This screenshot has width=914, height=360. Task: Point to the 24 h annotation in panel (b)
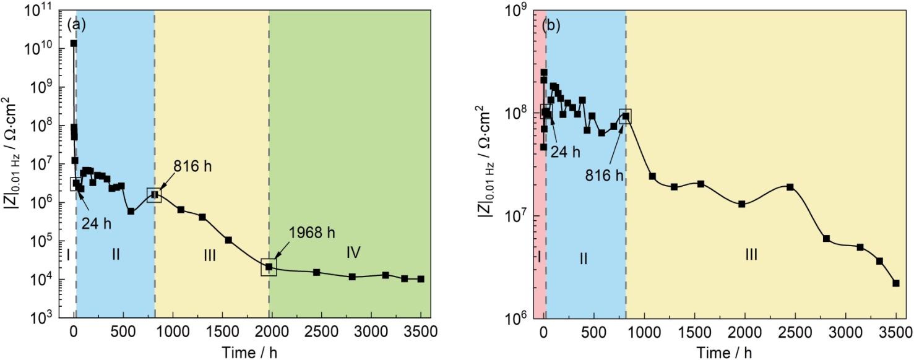[x=567, y=152]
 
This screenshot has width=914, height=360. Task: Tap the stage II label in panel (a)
[x=116, y=255]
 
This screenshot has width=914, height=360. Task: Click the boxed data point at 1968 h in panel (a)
[x=269, y=267]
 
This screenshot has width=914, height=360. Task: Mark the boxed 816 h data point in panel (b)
[x=626, y=116]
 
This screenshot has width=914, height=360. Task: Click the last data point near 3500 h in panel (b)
[x=895, y=283]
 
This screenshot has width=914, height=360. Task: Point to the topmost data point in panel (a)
[x=74, y=43]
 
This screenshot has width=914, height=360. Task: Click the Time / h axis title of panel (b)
[x=722, y=353]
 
